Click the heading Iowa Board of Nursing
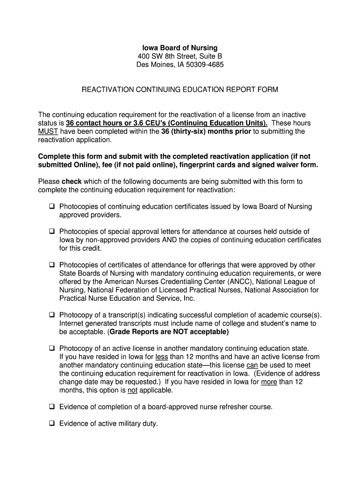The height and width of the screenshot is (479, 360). tap(180, 48)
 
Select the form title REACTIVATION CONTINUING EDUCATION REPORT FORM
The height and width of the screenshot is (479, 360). tap(180, 89)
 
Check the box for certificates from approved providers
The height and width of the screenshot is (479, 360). tap(51, 207)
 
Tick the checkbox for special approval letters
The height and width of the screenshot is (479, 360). tap(51, 232)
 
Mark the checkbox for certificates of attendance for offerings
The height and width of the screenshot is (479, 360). tap(51, 265)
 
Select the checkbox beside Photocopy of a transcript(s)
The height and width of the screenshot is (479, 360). tap(51, 315)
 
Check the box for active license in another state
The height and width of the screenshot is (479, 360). tap(51, 348)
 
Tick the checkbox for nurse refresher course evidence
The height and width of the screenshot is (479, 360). tap(51, 407)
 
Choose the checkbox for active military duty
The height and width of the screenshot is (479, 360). tap(51, 424)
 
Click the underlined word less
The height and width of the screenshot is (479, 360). tap(162, 357)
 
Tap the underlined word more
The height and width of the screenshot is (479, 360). tap(269, 382)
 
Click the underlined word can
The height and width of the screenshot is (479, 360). tap(252, 365)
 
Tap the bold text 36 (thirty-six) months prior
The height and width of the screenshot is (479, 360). tap(206, 131)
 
